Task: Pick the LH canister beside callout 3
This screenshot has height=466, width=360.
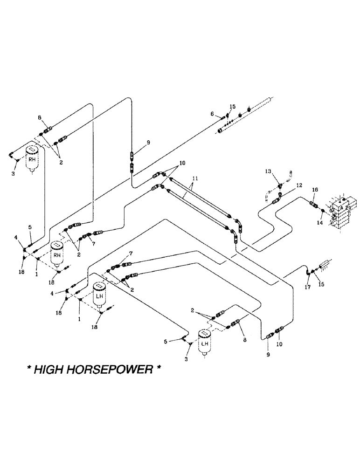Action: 204,343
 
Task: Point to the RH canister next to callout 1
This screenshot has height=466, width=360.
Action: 57,254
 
